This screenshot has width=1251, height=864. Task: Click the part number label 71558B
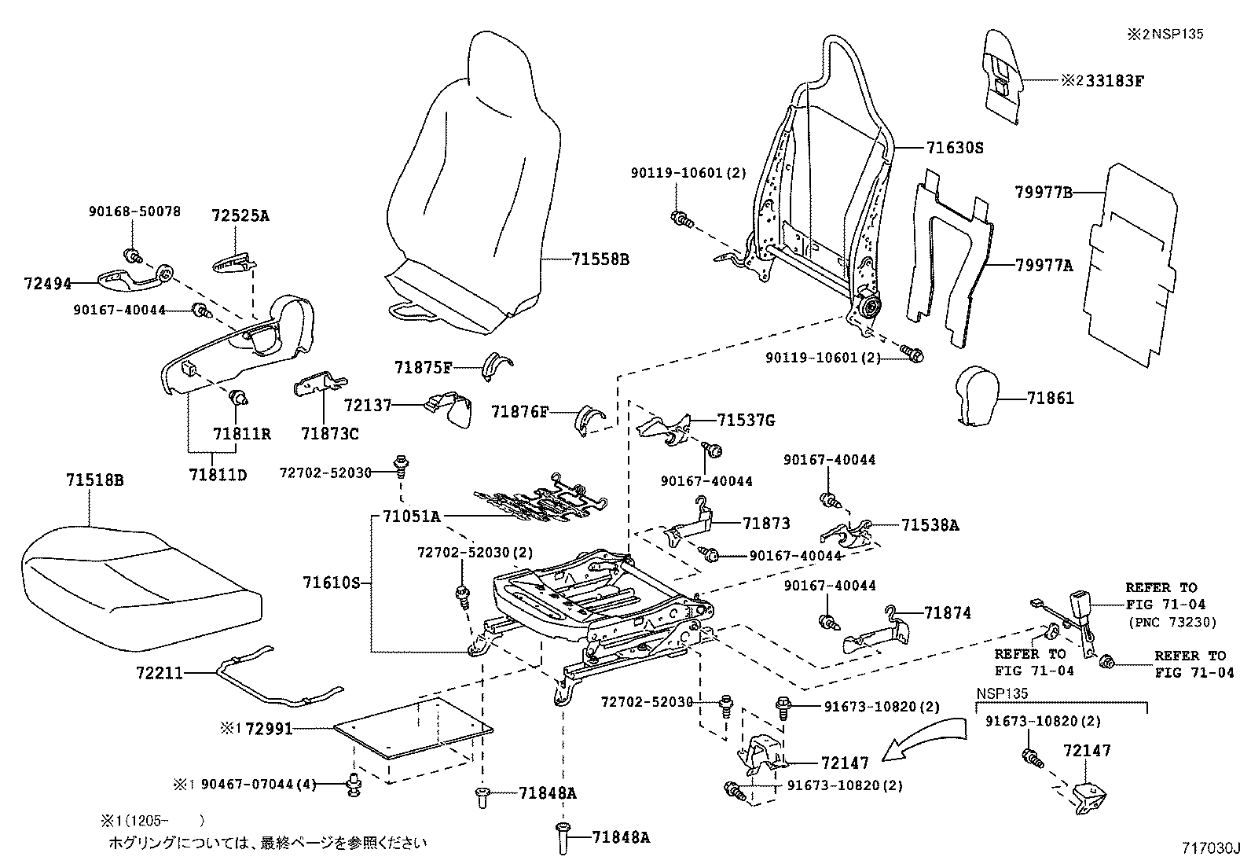(x=600, y=259)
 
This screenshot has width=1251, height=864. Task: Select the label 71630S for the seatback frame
(x=955, y=148)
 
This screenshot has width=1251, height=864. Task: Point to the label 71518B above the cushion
(x=95, y=480)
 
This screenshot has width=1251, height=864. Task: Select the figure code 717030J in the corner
(x=1210, y=848)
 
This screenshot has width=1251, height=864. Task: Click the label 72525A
(x=240, y=215)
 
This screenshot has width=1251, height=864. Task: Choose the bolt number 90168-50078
(x=134, y=211)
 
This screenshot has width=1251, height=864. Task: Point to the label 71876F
(x=519, y=411)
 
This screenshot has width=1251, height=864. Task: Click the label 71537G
(x=745, y=421)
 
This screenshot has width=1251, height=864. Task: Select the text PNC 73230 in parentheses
(x=1172, y=622)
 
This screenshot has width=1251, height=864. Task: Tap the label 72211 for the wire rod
(x=160, y=673)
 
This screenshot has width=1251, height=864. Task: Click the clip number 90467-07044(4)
(x=258, y=784)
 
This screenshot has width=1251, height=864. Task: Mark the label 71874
(x=947, y=612)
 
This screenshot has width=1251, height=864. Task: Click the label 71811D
(x=218, y=474)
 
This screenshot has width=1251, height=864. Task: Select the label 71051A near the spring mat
(x=411, y=517)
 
